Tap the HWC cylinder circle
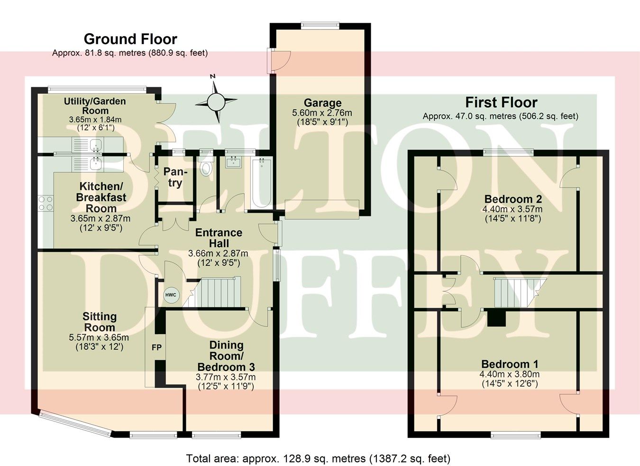tap(171, 295)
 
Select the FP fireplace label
tap(156, 347)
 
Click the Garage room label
tap(322, 103)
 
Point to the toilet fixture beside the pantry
tap(206, 168)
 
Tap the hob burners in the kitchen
tap(46, 204)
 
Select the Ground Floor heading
tap(130, 39)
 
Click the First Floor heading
tap(501, 103)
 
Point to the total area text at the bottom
tap(318, 458)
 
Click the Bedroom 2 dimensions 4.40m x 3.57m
tap(512, 209)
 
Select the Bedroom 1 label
tap(510, 364)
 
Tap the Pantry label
tap(175, 177)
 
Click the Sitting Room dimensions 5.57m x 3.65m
tap(99, 337)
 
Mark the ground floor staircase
tap(216, 292)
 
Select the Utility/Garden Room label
tap(95, 106)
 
